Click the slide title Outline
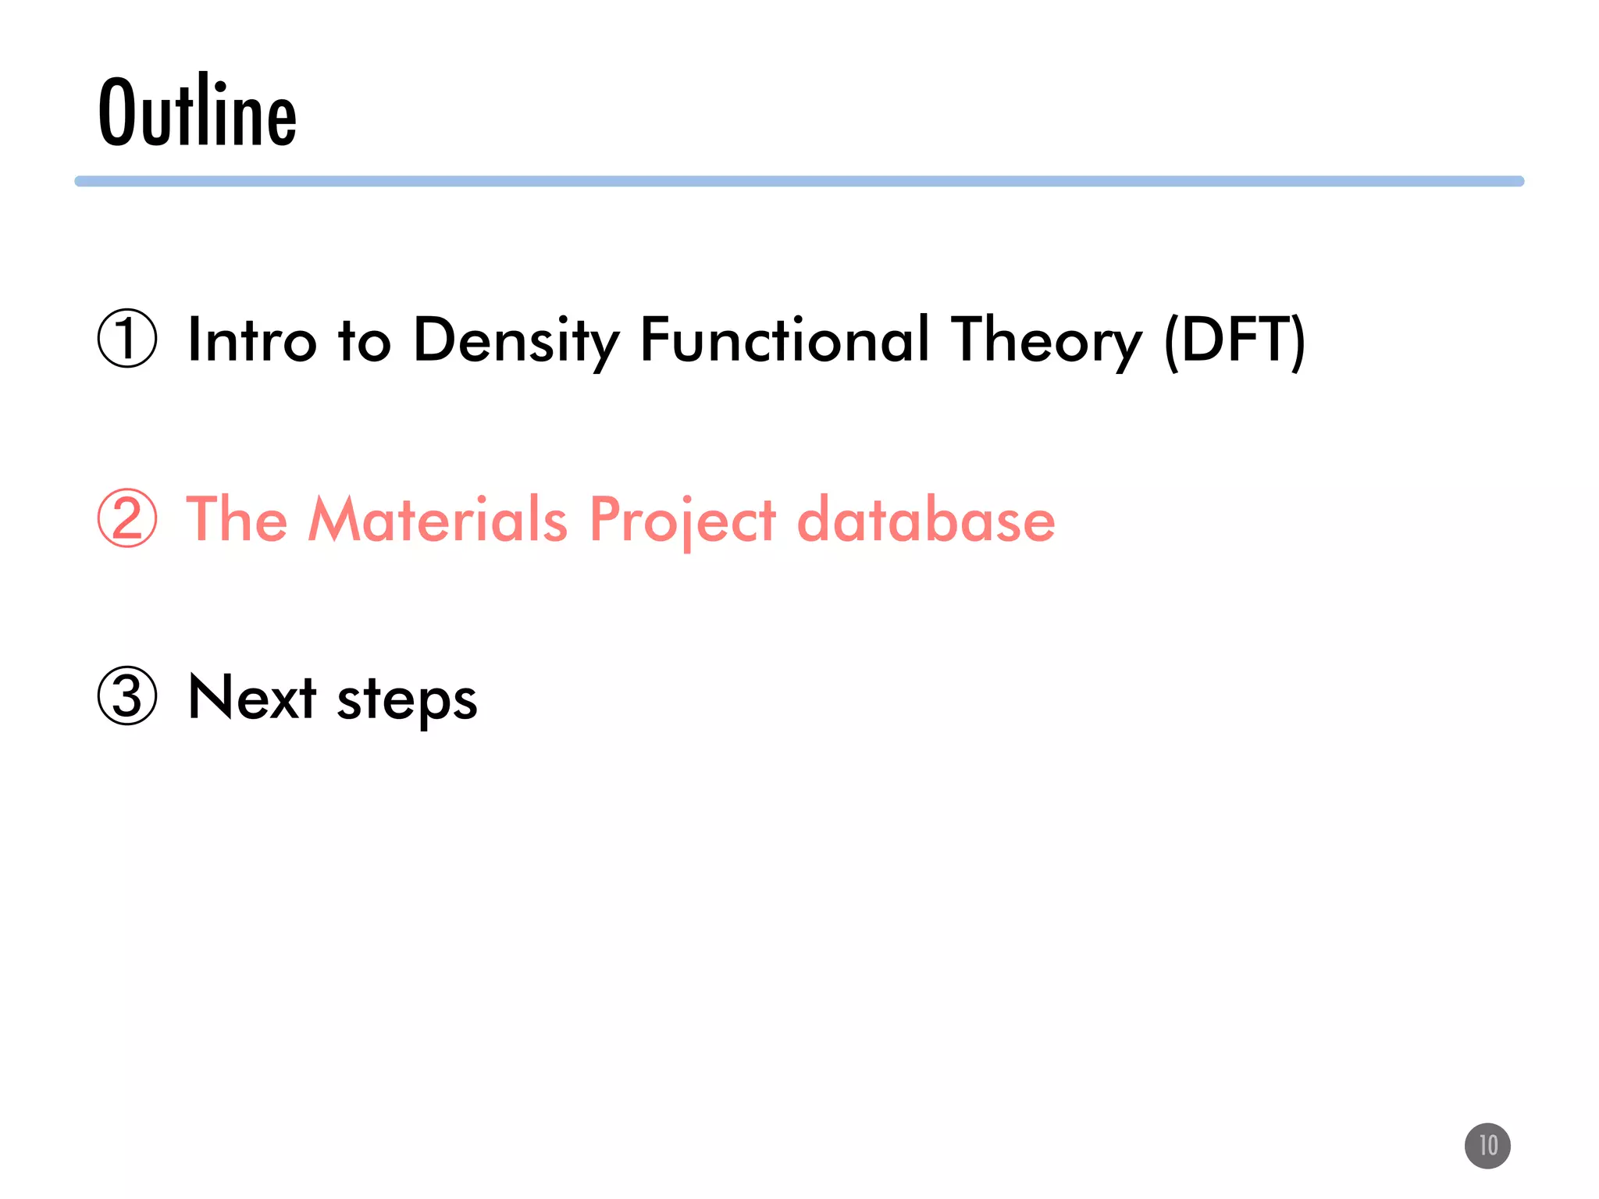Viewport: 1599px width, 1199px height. coord(198,112)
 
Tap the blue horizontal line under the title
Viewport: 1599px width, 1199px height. coord(799,181)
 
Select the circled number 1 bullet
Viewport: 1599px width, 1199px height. coord(127,339)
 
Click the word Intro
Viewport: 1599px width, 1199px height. coord(252,340)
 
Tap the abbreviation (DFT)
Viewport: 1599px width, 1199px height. coord(1234,340)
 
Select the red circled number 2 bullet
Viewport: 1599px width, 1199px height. coord(127,518)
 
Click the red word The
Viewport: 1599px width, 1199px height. coord(237,519)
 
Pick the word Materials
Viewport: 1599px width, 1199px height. coord(438,519)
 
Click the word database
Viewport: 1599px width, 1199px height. coord(926,519)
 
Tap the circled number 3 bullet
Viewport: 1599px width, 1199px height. coord(127,696)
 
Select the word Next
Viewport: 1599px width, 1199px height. coord(252,697)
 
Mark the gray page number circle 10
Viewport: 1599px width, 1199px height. coord(1487,1146)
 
